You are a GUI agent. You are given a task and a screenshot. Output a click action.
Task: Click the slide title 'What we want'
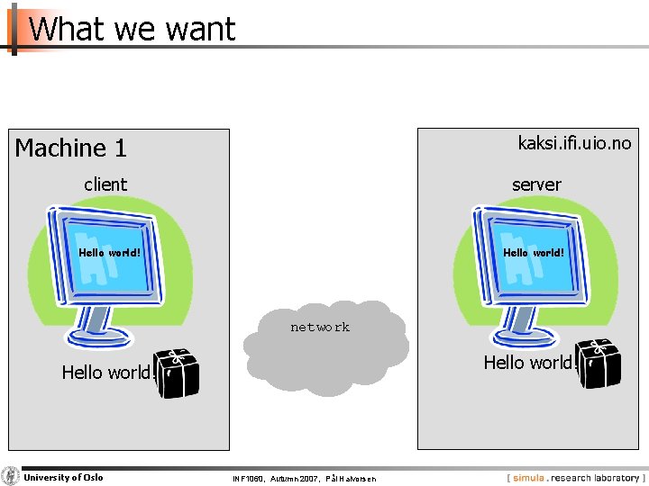132,29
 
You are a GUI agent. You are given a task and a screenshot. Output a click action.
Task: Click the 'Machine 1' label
70,148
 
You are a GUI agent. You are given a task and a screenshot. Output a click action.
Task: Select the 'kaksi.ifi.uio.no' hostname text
574,142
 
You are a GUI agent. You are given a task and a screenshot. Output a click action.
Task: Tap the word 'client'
105,184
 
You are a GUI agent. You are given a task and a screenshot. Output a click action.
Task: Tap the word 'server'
536,184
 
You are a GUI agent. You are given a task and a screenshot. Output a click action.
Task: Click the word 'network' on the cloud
320,328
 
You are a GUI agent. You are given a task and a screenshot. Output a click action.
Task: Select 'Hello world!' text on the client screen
109,253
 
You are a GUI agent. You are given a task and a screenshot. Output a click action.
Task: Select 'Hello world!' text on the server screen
534,253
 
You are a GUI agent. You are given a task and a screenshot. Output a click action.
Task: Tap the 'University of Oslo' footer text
63,477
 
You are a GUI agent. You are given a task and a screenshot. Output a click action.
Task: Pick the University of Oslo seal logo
11,477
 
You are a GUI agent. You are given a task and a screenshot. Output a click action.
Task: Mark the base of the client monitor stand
99,338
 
